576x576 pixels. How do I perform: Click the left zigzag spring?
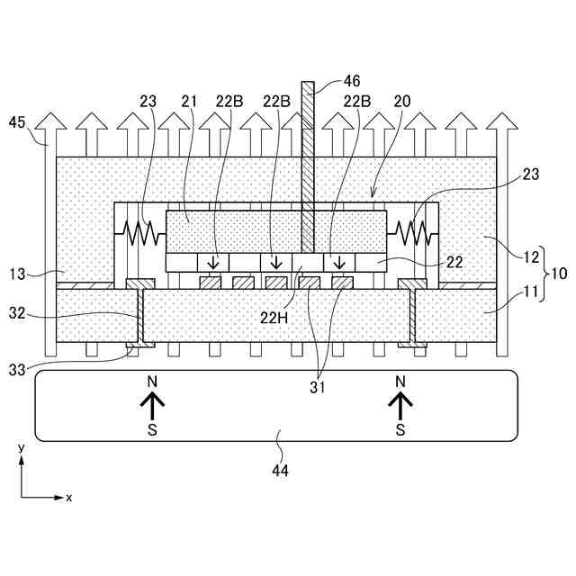click(141, 233)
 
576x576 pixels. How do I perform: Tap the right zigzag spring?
click(412, 233)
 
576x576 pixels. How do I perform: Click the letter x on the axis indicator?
click(68, 497)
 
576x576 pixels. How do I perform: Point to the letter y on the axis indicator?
click(20, 447)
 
